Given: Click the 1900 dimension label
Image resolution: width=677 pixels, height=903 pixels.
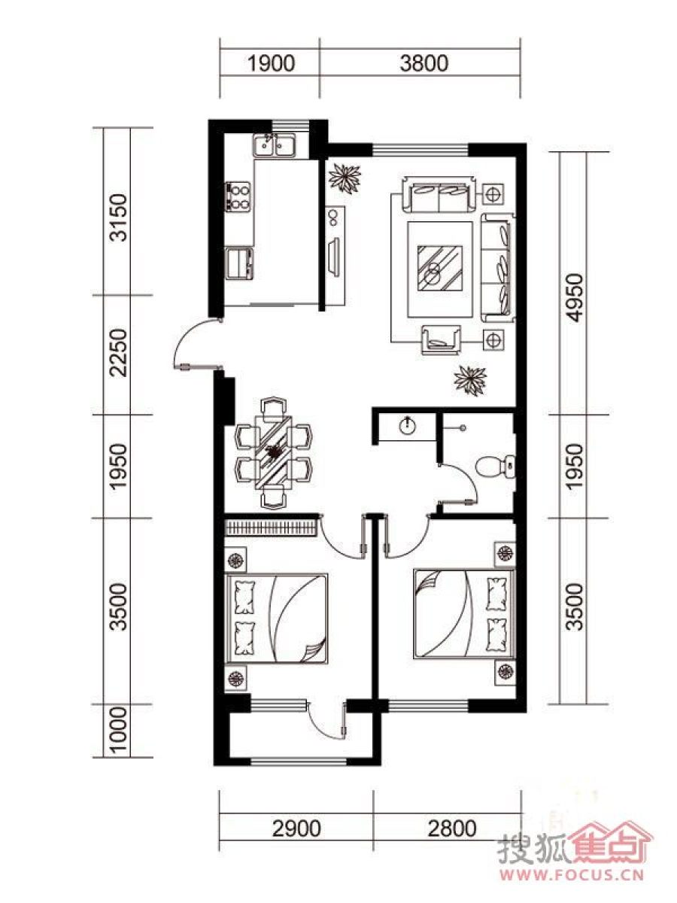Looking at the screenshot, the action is pyautogui.click(x=271, y=64).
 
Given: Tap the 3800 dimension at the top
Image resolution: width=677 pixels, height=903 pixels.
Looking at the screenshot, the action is pyautogui.click(x=424, y=64).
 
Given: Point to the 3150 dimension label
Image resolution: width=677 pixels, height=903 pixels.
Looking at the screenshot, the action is pyautogui.click(x=120, y=217).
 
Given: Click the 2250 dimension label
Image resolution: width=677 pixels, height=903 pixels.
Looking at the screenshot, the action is pyautogui.click(x=120, y=353).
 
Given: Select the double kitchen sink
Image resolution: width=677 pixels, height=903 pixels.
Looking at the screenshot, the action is pyautogui.click(x=274, y=145).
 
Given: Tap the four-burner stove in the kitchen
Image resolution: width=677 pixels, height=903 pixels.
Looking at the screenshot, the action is pyautogui.click(x=238, y=196).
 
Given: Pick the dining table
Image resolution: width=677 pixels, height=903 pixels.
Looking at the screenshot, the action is pyautogui.click(x=273, y=452).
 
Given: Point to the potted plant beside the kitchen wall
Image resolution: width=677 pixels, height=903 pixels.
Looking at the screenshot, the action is pyautogui.click(x=345, y=178).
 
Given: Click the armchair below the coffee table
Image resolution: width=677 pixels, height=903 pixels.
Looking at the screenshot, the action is pyautogui.click(x=441, y=340).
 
